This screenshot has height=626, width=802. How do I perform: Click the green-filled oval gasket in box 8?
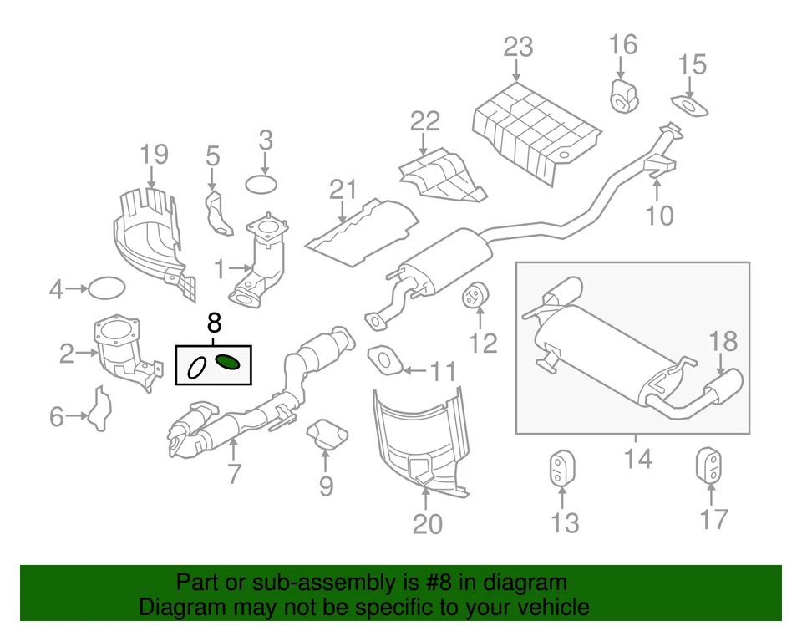[x=228, y=362]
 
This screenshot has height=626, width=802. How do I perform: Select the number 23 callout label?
[x=518, y=46]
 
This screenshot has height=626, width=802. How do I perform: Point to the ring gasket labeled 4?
[x=106, y=289]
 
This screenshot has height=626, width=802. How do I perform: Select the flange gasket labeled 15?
[x=690, y=106]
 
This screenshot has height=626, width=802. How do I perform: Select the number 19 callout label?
[x=154, y=154]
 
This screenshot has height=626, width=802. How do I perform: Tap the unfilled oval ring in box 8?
[x=196, y=368]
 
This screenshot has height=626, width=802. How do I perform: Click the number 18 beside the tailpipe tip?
[x=724, y=341]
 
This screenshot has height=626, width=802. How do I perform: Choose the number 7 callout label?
[x=233, y=474]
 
